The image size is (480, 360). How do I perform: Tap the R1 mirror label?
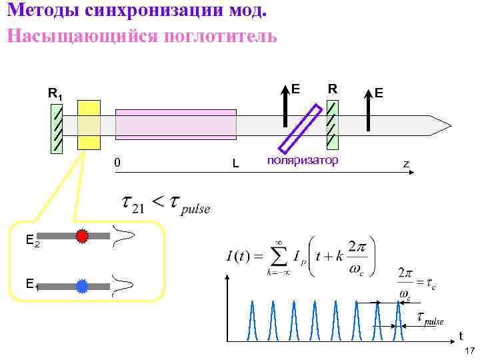pos(55,94)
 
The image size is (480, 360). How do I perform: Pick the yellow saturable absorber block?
pos(89,125)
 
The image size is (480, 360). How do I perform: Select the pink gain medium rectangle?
pos(176,124)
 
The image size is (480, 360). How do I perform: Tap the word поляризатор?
pos(302,161)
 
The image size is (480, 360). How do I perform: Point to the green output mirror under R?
pos(332,125)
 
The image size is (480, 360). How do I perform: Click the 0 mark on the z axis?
pos(117,162)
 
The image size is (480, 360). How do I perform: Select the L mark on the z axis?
pos(235,163)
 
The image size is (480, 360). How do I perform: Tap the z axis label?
pos(405,163)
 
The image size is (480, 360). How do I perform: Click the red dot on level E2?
pos(82,236)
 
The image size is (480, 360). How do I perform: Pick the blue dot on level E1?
pos(82,287)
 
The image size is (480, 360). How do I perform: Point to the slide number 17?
pos(469,351)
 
